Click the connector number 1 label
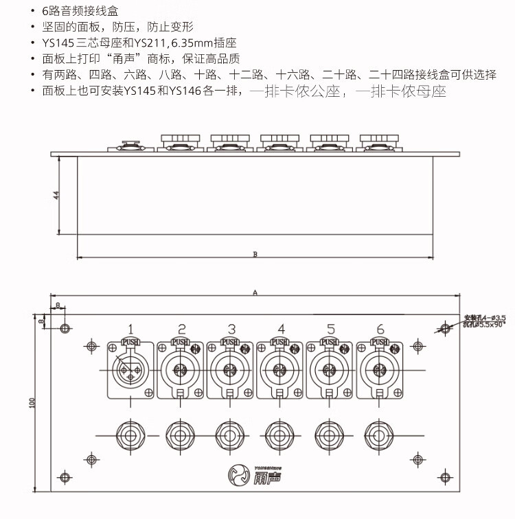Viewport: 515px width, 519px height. coord(130,328)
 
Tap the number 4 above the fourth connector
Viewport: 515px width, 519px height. coord(282,328)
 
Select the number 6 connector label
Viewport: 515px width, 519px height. coord(380,328)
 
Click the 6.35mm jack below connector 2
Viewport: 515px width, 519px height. coord(180,435)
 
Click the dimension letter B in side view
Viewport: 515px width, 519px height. coord(255,254)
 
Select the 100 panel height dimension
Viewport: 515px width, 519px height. coord(32,404)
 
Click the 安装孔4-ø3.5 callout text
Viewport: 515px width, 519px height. coord(485,317)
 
